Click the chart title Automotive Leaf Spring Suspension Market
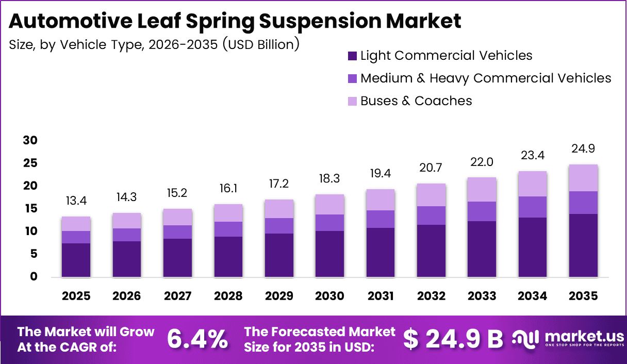click(x=235, y=21)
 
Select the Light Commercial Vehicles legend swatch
click(x=352, y=56)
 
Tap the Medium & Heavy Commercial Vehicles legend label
click(x=485, y=78)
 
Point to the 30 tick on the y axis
click(x=30, y=141)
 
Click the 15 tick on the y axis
click(x=30, y=209)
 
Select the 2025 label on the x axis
click(x=76, y=296)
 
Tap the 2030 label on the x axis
click(x=330, y=296)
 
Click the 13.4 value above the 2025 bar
click(x=76, y=201)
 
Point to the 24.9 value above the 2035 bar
click(x=584, y=149)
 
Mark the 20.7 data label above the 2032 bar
click(x=431, y=168)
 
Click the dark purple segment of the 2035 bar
click(x=584, y=245)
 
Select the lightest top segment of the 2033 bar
click(x=482, y=189)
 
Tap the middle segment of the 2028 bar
click(x=228, y=229)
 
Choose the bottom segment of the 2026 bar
click(x=127, y=259)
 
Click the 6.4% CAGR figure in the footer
click(x=197, y=339)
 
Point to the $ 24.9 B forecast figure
click(x=453, y=339)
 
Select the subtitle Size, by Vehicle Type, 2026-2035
click(x=154, y=45)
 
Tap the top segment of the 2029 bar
click(x=279, y=209)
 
